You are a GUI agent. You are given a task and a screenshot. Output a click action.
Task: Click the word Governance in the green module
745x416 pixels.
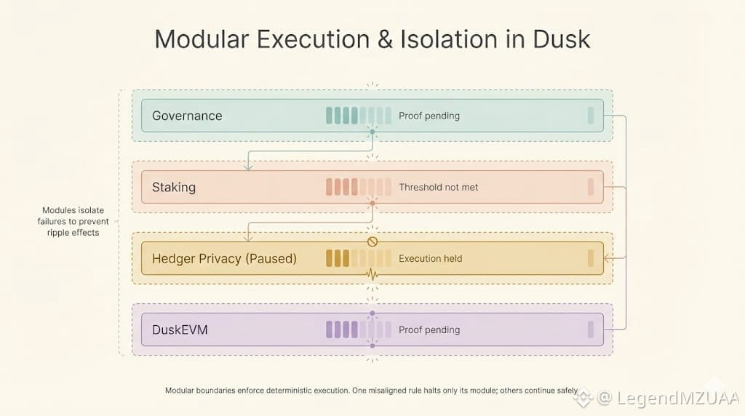coord(187,116)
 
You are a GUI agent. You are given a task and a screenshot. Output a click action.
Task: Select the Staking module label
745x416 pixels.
coord(174,188)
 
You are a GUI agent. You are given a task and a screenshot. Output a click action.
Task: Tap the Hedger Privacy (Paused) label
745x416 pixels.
coord(224,259)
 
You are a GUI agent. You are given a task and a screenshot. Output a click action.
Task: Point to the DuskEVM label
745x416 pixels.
coord(180,330)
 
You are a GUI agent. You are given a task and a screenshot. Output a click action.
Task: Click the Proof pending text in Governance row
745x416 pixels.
coord(429,116)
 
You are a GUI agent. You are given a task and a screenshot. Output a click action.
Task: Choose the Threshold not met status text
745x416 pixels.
coord(439,187)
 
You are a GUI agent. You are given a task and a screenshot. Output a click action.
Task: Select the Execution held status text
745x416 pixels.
coord(431,258)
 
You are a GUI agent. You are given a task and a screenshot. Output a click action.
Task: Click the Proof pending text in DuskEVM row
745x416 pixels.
coord(429,329)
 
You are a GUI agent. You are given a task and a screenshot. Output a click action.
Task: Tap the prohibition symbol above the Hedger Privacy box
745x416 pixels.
coord(372,241)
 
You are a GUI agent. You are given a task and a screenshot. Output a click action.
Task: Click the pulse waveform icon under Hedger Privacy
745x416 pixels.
coord(372,274)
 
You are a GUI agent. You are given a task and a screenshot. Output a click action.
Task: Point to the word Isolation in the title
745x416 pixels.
coord(449,39)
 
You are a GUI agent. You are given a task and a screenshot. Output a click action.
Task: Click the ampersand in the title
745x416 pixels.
coord(386,39)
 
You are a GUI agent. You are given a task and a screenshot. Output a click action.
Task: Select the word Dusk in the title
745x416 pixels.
coord(561,39)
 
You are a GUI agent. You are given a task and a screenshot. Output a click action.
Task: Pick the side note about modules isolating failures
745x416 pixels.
coord(73,221)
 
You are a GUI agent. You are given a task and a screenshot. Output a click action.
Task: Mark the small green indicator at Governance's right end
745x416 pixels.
coord(591,116)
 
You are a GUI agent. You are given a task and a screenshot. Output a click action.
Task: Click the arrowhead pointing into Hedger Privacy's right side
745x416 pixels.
coord(607,258)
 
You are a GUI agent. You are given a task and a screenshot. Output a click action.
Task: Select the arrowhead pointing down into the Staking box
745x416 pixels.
coord(248,167)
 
